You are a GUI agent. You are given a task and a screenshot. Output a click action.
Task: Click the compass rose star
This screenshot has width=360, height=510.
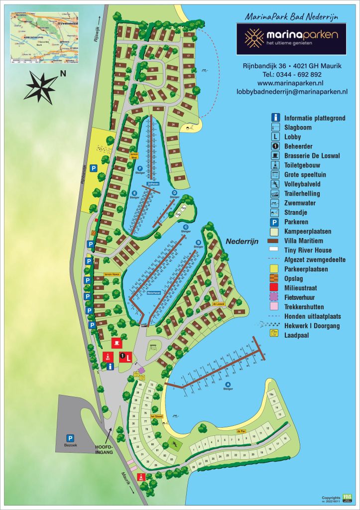(41, 87)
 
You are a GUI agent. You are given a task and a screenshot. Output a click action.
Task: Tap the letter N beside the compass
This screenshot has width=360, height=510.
(63, 74)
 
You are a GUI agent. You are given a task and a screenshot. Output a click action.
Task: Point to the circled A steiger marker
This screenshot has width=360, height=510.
(229, 384)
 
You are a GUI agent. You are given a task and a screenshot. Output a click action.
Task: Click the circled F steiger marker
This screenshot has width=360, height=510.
(140, 168)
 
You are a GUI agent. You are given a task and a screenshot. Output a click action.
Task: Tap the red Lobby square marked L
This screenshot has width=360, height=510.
(128, 357)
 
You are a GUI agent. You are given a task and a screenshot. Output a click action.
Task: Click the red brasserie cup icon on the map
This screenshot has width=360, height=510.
(117, 342)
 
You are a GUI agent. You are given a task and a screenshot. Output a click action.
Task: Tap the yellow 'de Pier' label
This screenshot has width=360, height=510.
(241, 431)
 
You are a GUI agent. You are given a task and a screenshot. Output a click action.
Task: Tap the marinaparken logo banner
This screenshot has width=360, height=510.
(292, 38)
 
